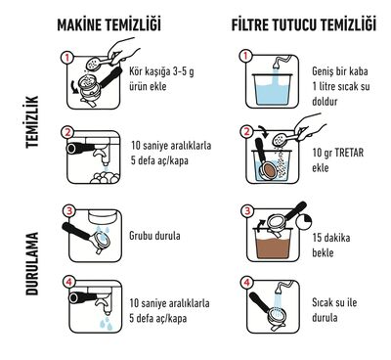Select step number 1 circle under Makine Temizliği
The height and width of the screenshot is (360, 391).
[68, 58]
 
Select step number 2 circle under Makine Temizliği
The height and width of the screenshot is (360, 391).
[68, 131]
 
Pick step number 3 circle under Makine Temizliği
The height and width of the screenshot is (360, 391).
[68, 209]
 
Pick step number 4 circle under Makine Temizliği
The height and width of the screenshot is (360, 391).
[68, 285]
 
